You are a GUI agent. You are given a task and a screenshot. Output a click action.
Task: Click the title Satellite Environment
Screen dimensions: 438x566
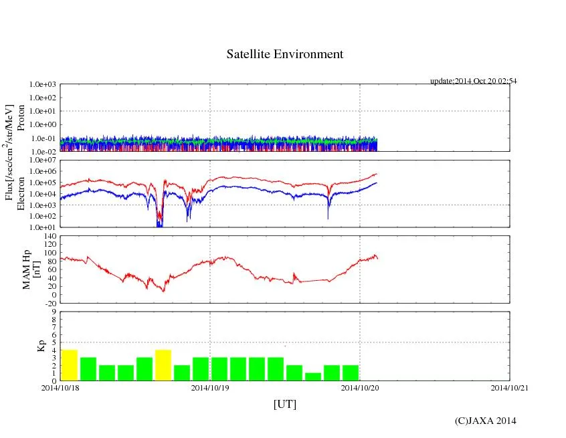coord(285,54)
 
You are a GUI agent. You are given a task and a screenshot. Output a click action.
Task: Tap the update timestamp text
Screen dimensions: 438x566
coord(473,81)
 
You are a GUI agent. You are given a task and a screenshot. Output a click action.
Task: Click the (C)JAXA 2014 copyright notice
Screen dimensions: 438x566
coord(485,420)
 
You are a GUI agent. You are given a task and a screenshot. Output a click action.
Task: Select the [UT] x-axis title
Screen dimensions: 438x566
coord(285,404)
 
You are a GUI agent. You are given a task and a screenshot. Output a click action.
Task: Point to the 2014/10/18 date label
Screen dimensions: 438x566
coord(60,387)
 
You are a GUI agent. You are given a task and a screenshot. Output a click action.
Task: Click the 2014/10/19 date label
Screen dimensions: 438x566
coord(210,387)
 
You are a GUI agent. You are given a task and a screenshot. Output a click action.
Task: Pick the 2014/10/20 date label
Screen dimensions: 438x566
coord(360,387)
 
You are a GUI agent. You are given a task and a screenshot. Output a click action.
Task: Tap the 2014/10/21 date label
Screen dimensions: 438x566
coord(509,387)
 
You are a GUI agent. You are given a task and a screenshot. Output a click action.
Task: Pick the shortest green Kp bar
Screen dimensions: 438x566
coord(313,376)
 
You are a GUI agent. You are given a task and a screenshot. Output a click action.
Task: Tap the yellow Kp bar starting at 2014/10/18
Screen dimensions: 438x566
coord(70,365)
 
